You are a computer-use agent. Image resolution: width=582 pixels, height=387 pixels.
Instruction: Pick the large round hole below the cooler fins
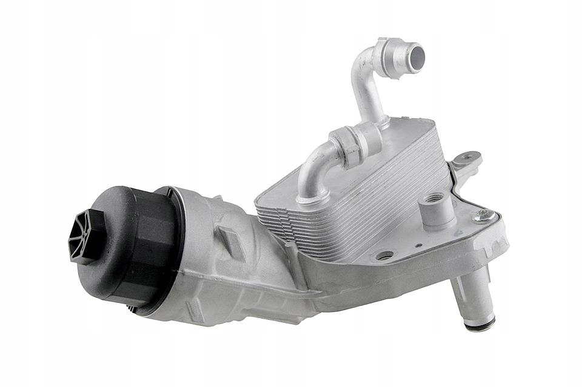tap(384, 255)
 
